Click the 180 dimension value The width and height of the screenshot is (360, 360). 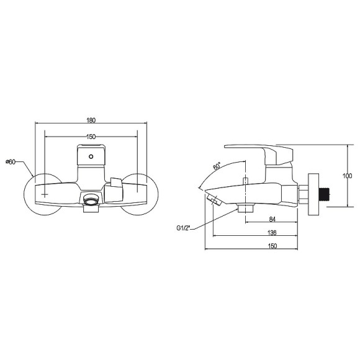pos(91,120)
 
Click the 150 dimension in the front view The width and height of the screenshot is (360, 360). pos(91,137)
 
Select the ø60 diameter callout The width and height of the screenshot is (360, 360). pos(11,162)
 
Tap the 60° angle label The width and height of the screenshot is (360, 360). pos(217,166)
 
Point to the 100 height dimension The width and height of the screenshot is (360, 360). pos(347,176)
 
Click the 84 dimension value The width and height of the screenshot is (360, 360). pos(272,219)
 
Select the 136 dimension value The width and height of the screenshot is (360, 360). pos(272,233)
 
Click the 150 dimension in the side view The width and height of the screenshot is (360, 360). pos(272,246)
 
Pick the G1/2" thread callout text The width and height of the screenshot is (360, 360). pos(184,228)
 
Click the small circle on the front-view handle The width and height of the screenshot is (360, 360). pos(91,156)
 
